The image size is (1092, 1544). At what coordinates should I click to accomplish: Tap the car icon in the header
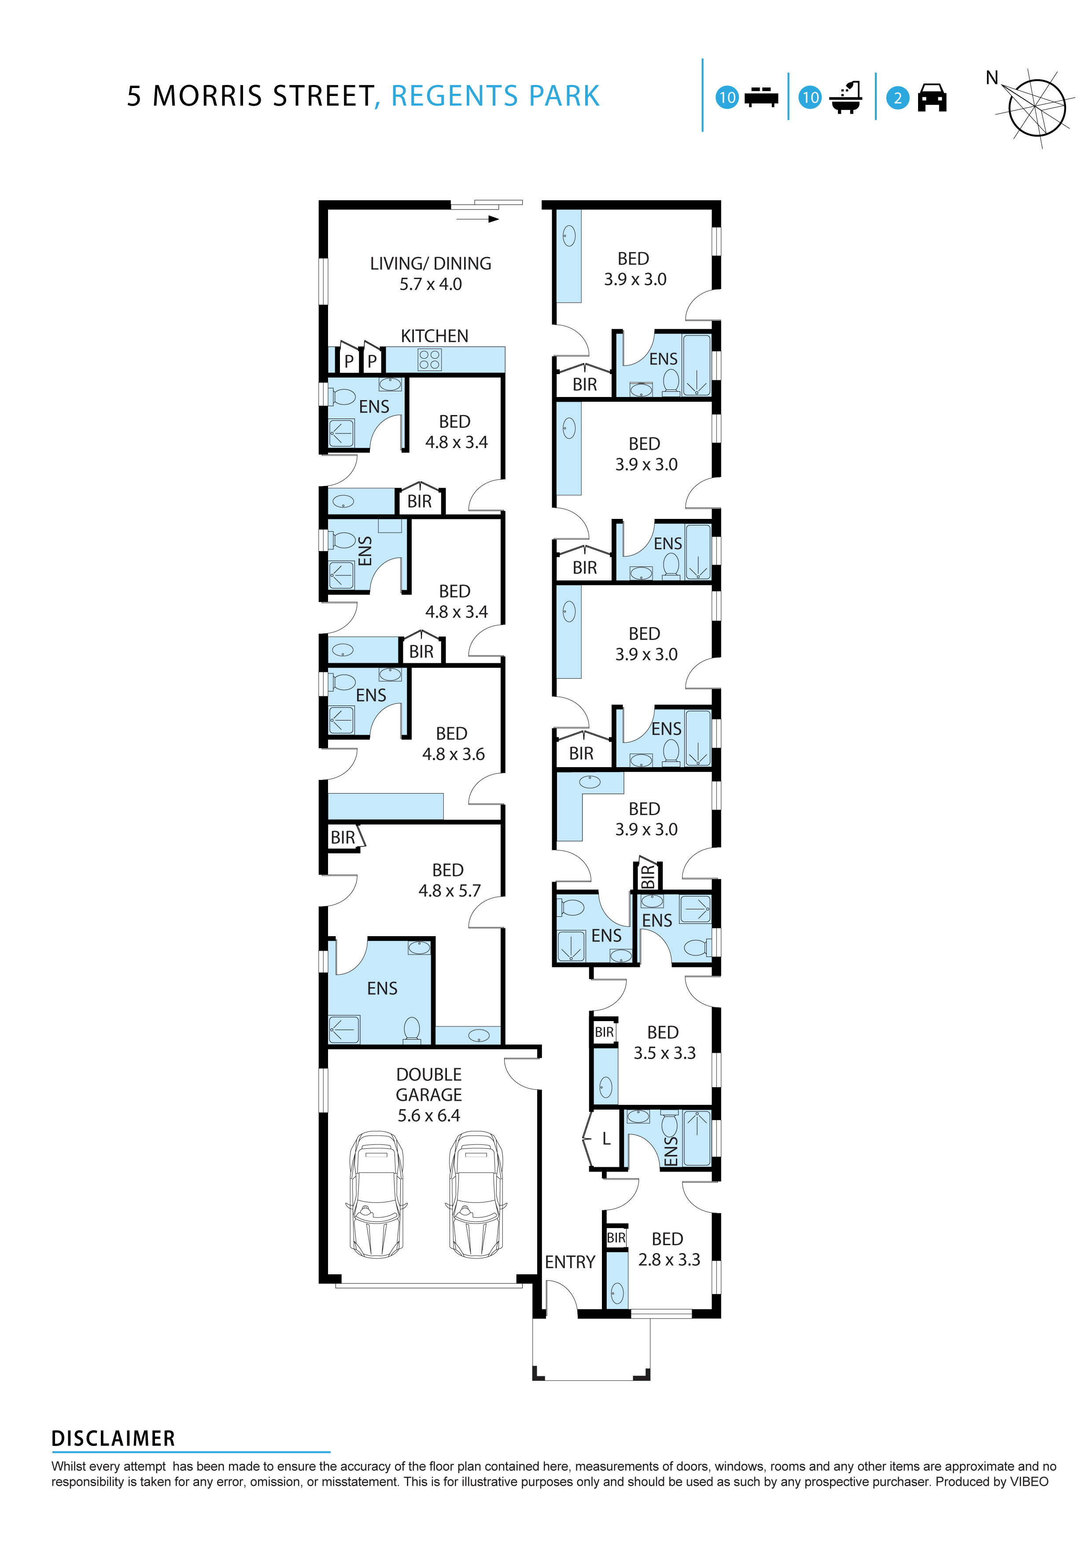coord(932,98)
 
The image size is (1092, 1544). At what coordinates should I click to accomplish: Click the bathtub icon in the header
coord(846,98)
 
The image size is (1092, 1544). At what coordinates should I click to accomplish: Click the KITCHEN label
coord(434,335)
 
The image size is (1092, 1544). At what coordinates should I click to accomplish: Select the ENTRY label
coord(570,1262)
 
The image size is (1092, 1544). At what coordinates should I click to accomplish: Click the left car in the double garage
coord(376,1194)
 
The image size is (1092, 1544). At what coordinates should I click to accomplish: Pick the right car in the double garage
coord(475,1194)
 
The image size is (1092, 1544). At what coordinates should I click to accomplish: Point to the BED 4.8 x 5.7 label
coord(449,880)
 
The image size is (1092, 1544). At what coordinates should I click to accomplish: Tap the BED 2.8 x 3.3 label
coord(668,1250)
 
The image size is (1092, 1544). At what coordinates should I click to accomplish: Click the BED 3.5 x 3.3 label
coord(664,1042)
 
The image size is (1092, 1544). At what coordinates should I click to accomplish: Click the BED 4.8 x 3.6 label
coord(453,744)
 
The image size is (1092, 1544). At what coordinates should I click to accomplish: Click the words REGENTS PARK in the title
coord(495,96)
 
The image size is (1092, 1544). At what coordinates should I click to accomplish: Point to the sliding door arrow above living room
coord(478,219)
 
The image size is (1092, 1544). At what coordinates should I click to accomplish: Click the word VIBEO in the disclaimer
coord(1029,1482)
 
